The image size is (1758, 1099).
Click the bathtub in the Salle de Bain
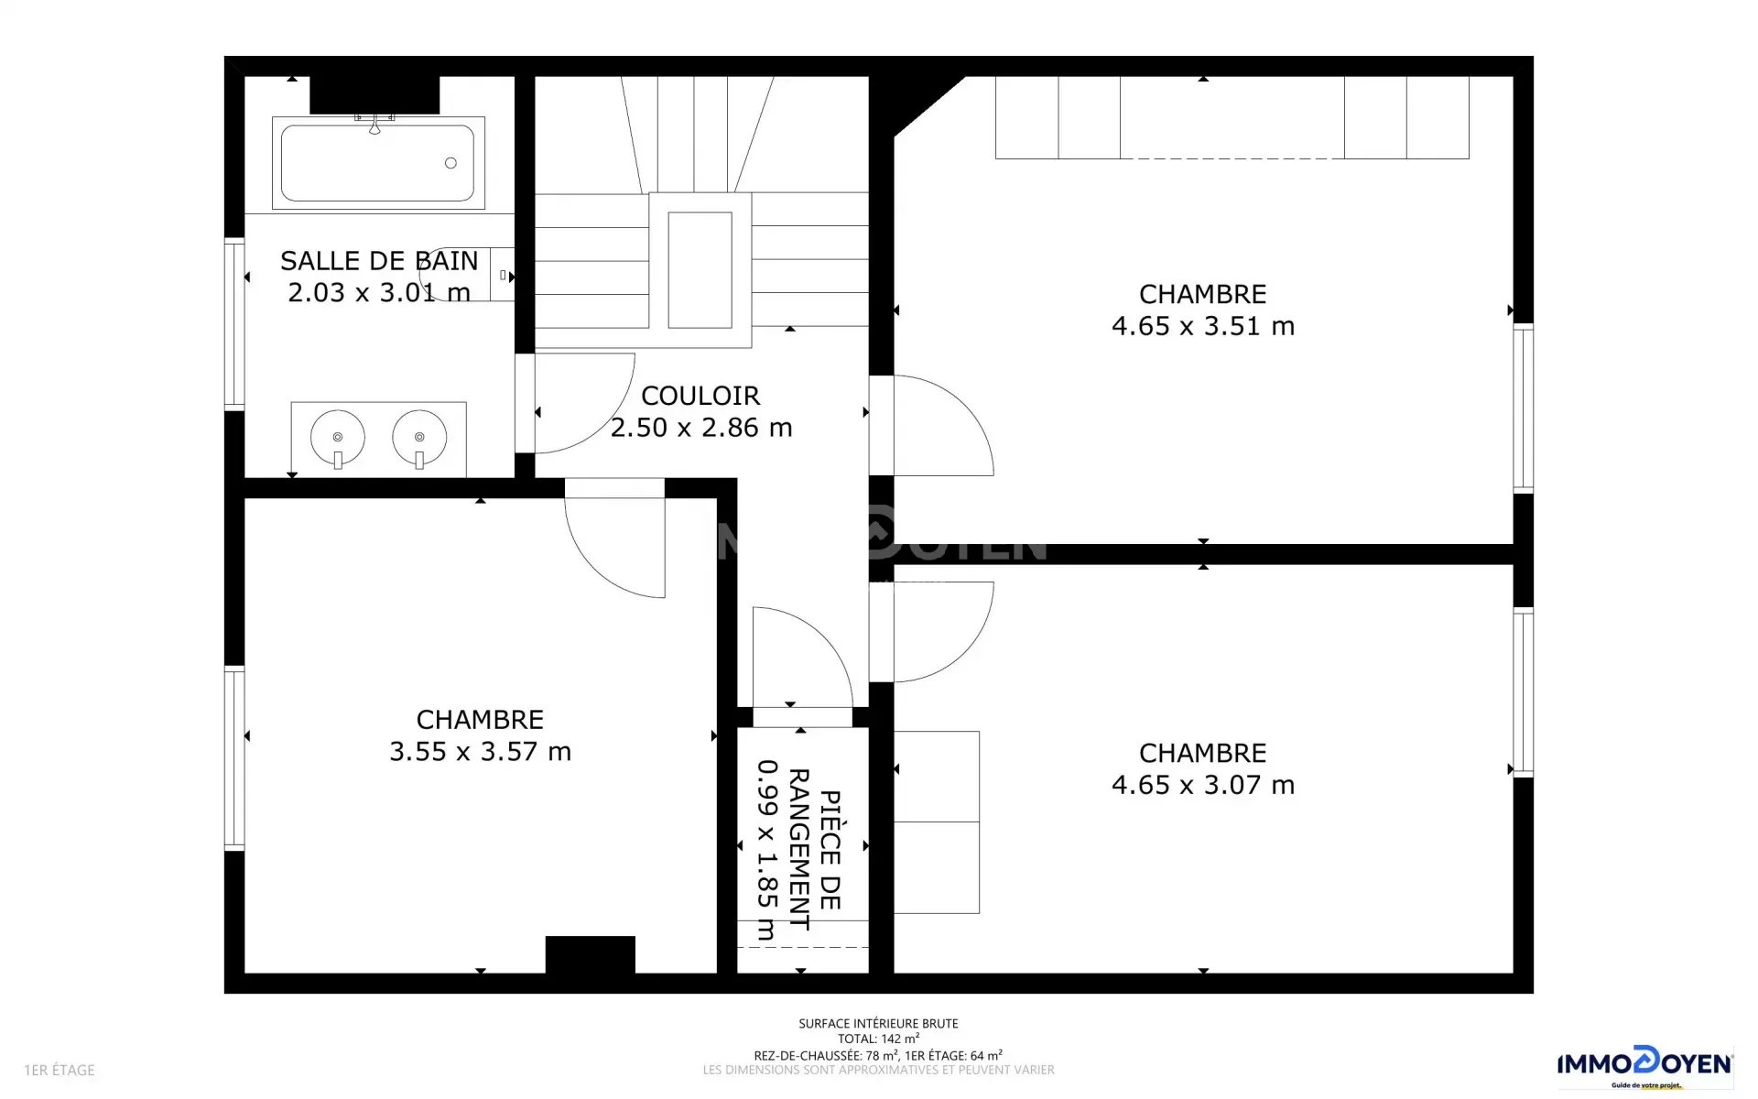coord(378,163)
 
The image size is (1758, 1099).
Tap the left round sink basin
coord(338,437)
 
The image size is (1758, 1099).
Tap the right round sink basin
coord(419,437)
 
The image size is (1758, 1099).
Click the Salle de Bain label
coord(379,261)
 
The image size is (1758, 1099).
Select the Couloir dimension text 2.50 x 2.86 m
coord(701,428)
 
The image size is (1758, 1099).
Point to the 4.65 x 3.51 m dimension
coord(1203,326)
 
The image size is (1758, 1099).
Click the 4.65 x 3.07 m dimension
coord(1203,785)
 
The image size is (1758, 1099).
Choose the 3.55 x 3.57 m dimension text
coord(481,752)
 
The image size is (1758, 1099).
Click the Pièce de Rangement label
coord(814,849)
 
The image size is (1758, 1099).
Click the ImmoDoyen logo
coord(1644,1064)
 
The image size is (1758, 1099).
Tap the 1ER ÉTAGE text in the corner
coord(60,1070)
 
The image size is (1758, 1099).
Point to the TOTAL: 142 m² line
coord(878,1039)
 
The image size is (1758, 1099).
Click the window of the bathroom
coord(234,323)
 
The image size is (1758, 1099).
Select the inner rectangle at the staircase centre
coord(700,269)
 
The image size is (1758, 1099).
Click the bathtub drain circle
coord(450,163)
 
